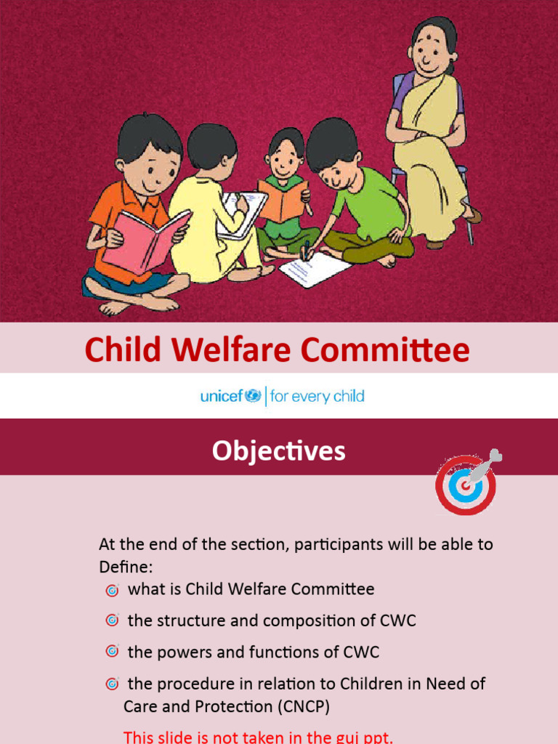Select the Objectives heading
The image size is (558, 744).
[x=278, y=451]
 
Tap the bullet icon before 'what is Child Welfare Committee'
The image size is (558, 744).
[x=112, y=590]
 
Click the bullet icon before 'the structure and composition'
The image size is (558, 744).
[x=112, y=621]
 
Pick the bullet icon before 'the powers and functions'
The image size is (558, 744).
[x=112, y=652]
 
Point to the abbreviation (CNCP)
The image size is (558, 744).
[x=298, y=706]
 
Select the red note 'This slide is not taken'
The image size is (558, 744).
[x=258, y=737]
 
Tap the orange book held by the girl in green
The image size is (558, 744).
[x=282, y=200]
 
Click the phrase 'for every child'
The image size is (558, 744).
[x=317, y=397]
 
